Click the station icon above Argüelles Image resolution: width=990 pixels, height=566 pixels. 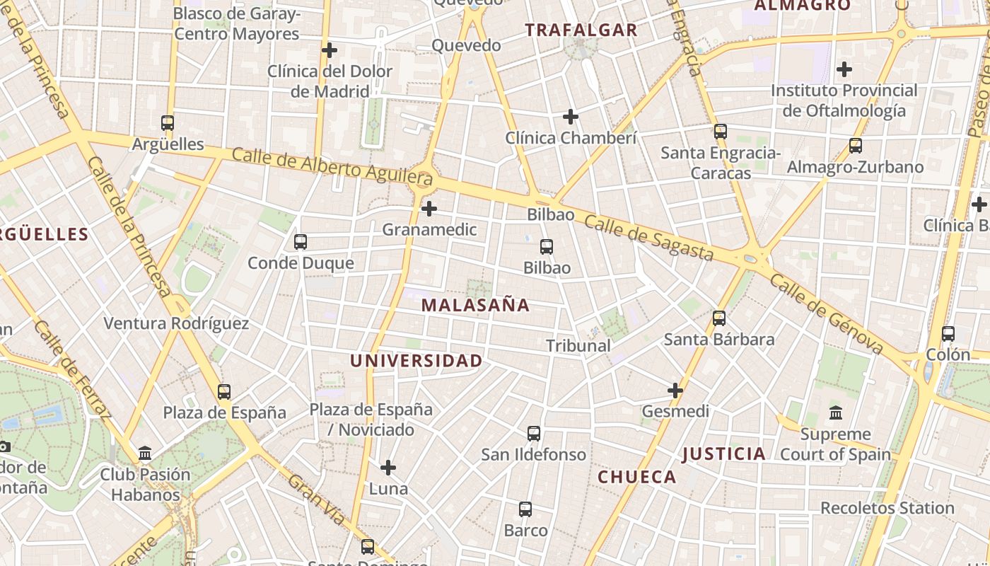[168, 123]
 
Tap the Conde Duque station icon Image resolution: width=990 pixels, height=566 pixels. [301, 242]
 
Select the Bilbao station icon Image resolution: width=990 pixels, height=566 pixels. [547, 247]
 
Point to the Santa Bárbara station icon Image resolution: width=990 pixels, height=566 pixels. [719, 318]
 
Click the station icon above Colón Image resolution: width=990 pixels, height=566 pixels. [948, 334]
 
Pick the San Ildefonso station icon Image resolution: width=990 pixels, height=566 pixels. [534, 434]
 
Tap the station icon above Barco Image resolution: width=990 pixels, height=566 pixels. [525, 509]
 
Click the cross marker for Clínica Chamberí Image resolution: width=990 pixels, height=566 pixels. [571, 117]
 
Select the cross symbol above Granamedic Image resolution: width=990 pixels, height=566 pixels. [429, 209]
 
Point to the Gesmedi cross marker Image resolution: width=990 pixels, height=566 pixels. [675, 390]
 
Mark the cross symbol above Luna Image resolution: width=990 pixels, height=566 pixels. [388, 468]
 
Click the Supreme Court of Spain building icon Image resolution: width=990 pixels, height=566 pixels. [836, 412]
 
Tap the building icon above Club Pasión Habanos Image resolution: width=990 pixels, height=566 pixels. [145, 453]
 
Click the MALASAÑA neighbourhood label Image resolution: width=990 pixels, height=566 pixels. [475, 305]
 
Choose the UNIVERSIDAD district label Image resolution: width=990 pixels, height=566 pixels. [417, 361]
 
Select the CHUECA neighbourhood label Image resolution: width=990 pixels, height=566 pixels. [637, 477]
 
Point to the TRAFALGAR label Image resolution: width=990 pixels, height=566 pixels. [581, 30]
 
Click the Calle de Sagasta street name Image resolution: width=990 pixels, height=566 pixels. [648, 238]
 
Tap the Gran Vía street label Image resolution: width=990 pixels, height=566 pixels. [316, 500]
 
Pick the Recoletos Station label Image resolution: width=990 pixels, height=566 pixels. [887, 508]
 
